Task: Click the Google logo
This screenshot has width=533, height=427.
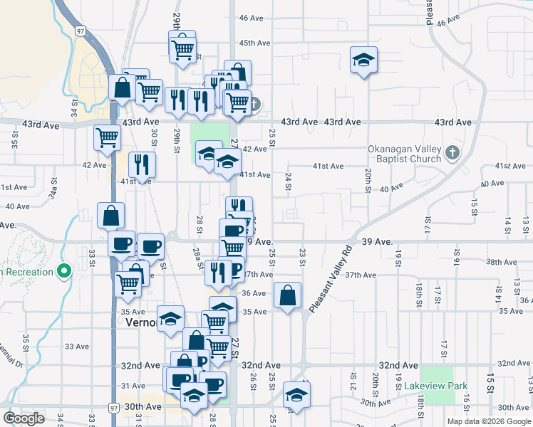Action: coord(24,418)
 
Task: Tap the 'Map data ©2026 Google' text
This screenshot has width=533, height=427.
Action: coord(487,421)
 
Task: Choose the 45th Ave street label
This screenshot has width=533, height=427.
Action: coord(255,43)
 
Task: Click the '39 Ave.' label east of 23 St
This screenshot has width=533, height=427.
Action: coord(377,242)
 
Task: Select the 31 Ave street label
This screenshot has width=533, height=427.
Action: coord(138,386)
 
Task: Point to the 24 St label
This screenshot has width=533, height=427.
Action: coord(289,181)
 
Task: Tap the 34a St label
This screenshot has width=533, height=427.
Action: coord(53,191)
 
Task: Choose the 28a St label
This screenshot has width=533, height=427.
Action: coord(196,255)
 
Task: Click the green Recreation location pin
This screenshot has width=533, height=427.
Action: coord(64,271)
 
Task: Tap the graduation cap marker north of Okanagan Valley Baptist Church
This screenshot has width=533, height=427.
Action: coord(363,60)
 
